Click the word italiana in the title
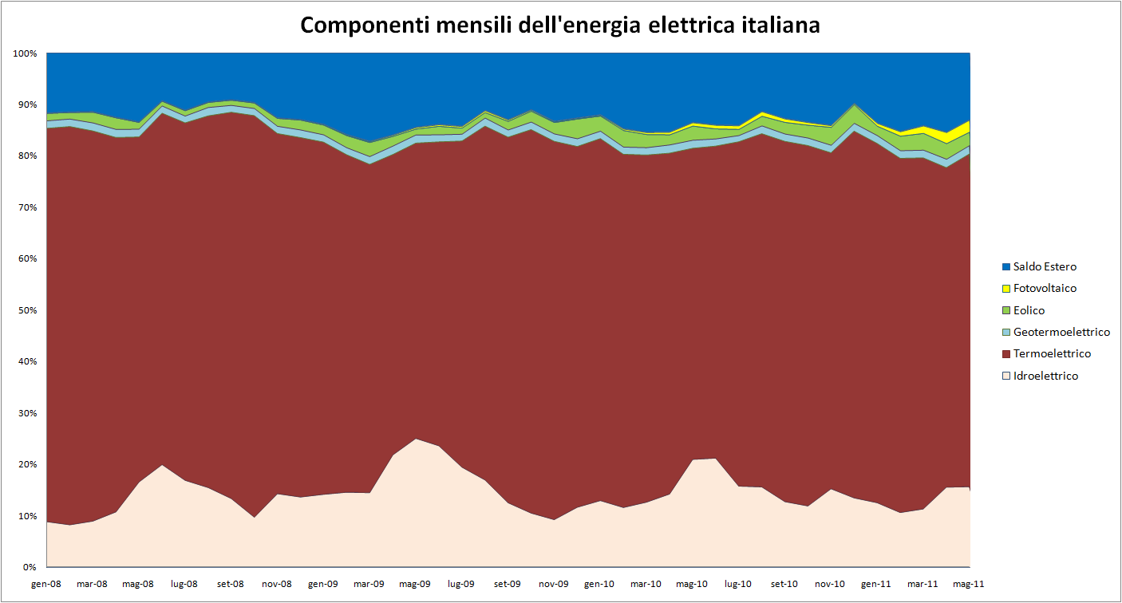[777, 25]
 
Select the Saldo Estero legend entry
[1045, 267]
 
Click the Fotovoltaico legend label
[1045, 289]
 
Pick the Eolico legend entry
[1029, 310]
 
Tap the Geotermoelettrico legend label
[1061, 332]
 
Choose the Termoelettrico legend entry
[1052, 353]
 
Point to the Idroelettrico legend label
[1045, 376]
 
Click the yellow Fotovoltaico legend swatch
[1005, 289]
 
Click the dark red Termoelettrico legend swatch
[1005, 353]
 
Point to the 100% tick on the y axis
[26, 53]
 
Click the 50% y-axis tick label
[28, 310]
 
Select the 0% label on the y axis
[30, 567]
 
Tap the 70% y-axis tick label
[28, 207]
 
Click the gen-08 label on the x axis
[46, 584]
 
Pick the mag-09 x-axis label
[415, 584]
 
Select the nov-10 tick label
[831, 584]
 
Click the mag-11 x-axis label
[969, 584]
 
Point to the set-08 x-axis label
[231, 584]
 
